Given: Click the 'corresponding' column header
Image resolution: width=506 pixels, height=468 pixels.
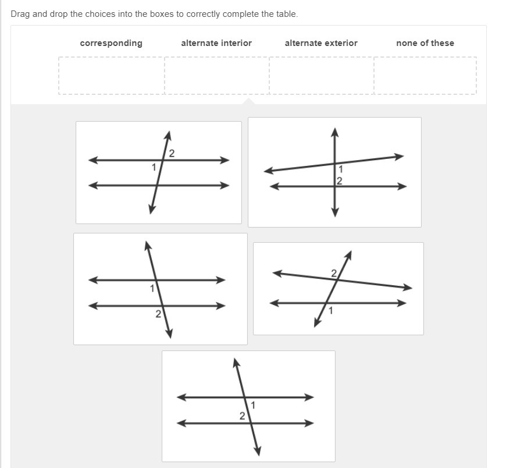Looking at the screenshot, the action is [111, 43].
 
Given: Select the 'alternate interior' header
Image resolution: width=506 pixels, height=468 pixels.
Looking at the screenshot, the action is [216, 43].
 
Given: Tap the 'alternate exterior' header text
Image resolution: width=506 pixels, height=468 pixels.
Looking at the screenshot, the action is [321, 43].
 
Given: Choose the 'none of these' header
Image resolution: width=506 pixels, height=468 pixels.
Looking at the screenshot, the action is [425, 43].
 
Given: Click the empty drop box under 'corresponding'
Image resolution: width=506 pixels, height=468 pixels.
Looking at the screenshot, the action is [111, 76].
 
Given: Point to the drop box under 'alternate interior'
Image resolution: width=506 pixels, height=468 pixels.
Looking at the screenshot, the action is [216, 76].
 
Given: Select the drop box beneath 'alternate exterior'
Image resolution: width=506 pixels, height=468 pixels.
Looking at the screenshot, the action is [322, 76].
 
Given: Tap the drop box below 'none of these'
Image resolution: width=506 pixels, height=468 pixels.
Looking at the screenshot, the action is [425, 76].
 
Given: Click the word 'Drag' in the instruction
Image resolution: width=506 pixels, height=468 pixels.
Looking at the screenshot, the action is [20, 15].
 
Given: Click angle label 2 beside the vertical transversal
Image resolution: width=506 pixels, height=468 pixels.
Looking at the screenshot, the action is [339, 181].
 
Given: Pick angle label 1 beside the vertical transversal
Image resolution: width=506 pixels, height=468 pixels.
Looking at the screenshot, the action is [340, 169].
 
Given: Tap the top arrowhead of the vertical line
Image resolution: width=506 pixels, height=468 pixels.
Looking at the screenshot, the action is [335, 132].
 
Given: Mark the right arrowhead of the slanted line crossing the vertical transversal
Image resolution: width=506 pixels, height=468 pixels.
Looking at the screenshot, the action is [400, 157].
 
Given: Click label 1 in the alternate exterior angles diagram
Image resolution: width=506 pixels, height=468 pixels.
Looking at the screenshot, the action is [330, 311].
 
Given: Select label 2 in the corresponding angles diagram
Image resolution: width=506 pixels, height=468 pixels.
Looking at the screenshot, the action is [158, 314].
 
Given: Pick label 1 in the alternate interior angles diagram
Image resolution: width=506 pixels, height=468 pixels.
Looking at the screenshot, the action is [253, 405].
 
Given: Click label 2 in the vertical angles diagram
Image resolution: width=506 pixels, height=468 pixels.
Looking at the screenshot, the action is [172, 154].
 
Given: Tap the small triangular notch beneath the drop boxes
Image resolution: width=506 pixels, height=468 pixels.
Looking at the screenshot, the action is [248, 101].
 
